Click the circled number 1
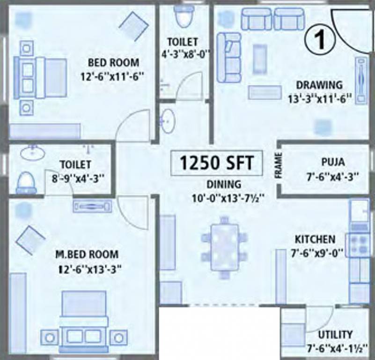coord(320,40)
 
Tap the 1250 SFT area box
coord(216,163)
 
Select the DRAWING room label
coord(319,85)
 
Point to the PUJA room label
coord(333,162)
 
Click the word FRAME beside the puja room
coord(279,166)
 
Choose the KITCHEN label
coord(314,240)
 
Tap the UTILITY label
coord(335,335)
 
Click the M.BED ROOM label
coord(87,255)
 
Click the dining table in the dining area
coord(224,247)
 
